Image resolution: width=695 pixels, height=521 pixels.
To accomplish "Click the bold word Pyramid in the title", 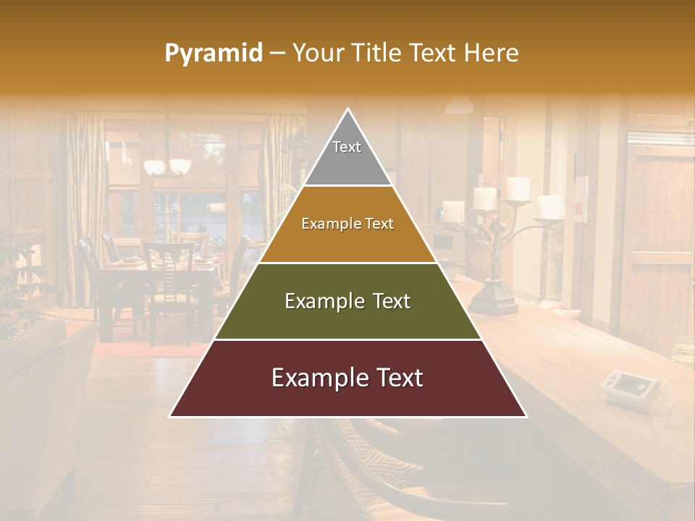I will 213,54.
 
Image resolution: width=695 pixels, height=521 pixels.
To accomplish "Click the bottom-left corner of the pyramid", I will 171,416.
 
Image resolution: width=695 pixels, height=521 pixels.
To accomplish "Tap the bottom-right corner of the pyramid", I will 526,416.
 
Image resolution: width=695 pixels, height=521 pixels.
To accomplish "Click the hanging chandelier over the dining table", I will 167,166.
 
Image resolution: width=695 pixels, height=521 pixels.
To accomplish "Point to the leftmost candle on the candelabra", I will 453,211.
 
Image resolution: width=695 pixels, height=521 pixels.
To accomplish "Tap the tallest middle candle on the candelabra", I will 518,188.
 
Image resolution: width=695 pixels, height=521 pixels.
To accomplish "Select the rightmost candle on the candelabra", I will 550,206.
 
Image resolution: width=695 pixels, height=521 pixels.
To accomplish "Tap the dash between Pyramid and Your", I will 277,54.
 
